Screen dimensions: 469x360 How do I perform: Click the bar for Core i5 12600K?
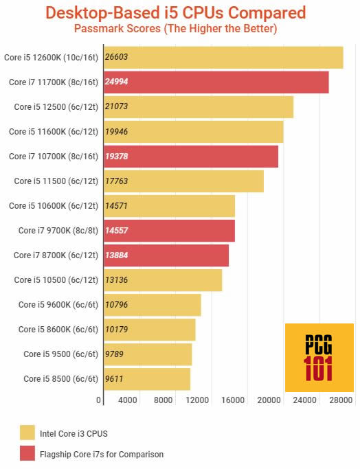pos(223,58)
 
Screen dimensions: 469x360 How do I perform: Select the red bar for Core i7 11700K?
pos(216,82)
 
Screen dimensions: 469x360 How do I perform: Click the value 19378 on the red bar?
pos(116,157)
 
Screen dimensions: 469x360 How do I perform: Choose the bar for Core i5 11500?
pos(183,181)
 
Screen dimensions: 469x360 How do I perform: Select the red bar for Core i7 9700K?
pos(169,231)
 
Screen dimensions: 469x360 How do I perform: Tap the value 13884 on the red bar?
pos(116,255)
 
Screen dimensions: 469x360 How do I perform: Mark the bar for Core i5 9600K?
pos(152,305)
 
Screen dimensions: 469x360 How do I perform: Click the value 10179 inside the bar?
pos(116,330)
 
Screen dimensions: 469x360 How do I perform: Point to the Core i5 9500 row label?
pos(60,354)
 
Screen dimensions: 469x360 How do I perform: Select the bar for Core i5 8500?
pos(146,379)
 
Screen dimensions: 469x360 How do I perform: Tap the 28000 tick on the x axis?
pos(340,400)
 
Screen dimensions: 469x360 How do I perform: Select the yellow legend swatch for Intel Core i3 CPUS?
pos(27,432)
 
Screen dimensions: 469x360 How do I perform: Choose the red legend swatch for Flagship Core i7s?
pos(27,453)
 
